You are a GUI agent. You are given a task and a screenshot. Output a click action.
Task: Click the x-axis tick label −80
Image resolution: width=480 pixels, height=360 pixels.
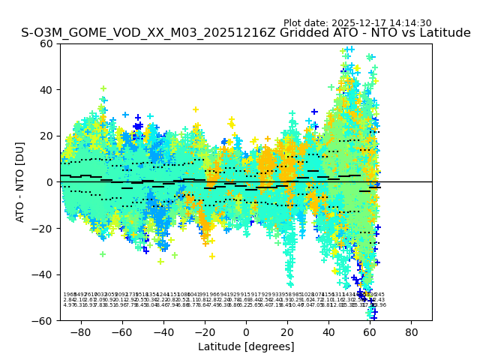click(80, 331)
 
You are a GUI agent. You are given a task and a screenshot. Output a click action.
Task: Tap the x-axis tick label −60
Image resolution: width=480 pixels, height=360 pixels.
click(121, 331)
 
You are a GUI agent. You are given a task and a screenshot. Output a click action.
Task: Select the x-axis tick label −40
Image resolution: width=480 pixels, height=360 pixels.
click(163, 331)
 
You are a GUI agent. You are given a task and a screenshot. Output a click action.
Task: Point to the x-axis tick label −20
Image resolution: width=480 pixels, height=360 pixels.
click(205, 331)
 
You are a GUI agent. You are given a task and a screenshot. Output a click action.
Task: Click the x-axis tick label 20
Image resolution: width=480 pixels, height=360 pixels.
click(287, 331)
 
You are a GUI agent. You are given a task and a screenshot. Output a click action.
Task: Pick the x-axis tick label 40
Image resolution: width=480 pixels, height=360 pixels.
click(328, 331)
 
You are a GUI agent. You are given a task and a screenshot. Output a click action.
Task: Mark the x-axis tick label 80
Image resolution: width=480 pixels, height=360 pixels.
click(412, 331)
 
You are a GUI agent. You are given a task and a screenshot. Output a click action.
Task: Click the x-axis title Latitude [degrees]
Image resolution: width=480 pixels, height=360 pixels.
click(246, 346)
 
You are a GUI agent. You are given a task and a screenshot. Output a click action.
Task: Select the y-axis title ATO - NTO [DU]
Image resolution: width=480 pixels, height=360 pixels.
click(21, 182)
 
